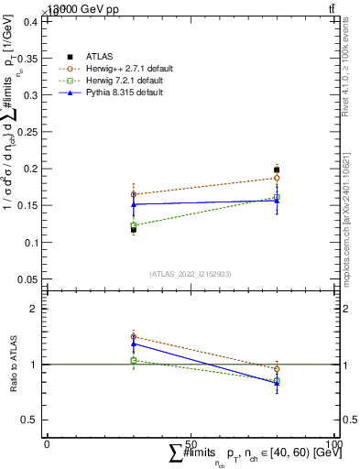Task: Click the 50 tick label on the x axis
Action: pyautogui.click(x=191, y=443)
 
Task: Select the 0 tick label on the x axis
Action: pyautogui.click(x=47, y=443)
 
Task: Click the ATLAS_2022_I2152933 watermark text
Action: pyautogui.click(x=190, y=274)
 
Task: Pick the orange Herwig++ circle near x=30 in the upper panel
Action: pyautogui.click(x=134, y=194)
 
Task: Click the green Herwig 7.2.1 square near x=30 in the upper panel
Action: pyautogui.click(x=134, y=225)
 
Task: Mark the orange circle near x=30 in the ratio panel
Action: pyautogui.click(x=134, y=337)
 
